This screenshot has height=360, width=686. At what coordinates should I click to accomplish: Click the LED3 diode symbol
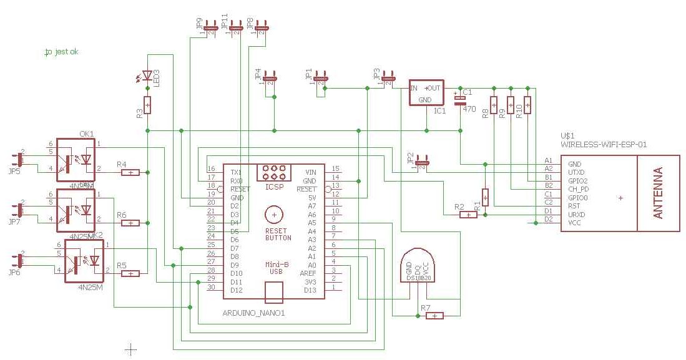click(147, 75)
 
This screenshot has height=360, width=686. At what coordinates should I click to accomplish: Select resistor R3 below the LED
click(147, 105)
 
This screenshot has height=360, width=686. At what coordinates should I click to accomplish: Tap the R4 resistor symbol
click(130, 172)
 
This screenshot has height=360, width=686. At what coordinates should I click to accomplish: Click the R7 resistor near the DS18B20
click(434, 316)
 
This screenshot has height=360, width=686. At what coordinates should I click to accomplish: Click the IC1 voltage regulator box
click(426, 92)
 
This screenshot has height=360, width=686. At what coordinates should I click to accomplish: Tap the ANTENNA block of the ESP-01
click(658, 193)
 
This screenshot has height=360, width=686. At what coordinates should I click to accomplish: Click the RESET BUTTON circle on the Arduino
click(273, 215)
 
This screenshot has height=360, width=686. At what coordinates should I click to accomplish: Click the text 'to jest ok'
click(61, 52)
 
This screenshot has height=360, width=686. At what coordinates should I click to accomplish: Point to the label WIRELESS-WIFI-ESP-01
click(604, 144)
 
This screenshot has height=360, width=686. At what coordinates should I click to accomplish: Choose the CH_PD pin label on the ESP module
click(578, 188)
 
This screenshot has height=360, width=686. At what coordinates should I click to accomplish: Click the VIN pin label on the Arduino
click(310, 172)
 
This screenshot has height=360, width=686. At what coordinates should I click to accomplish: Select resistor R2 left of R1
click(468, 215)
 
